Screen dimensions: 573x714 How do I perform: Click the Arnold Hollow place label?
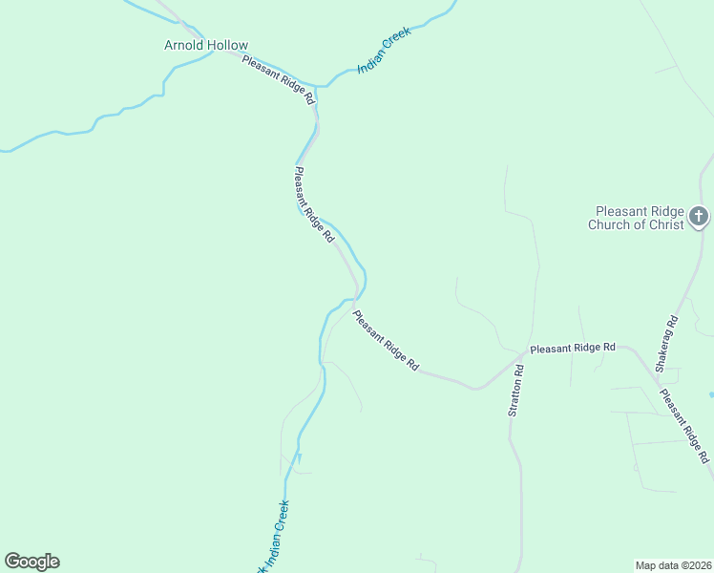point(206,45)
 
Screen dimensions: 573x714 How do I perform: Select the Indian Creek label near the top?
point(384,52)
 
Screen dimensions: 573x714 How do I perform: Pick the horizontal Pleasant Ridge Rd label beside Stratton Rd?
point(573,349)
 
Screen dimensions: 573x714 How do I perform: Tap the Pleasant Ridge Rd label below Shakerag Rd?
point(684,426)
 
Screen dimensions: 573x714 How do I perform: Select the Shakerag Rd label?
point(665,343)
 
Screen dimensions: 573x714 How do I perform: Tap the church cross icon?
point(699,217)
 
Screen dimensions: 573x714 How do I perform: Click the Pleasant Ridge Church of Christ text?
point(640,218)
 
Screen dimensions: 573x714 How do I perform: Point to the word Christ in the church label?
point(665,225)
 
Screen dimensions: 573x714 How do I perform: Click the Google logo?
point(31,562)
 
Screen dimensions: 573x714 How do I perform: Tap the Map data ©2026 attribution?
point(673,564)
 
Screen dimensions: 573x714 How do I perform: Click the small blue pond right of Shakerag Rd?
point(711,393)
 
